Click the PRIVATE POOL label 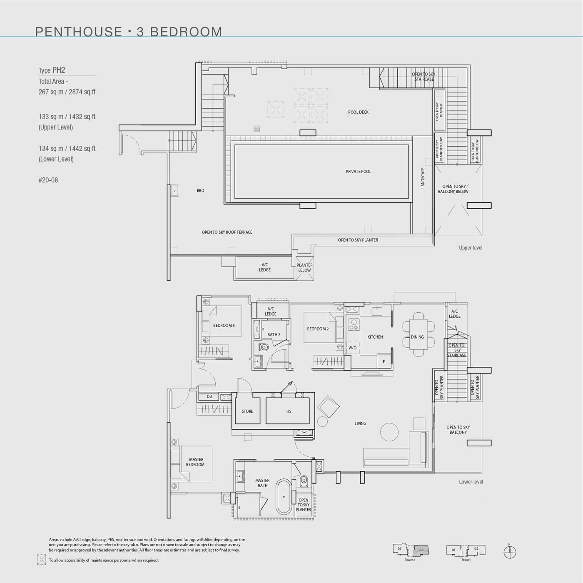pos(358,172)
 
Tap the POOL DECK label pos(358,112)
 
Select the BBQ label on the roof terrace pos(201,191)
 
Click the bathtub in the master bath pos(284,497)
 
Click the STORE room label pos(247,411)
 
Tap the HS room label pos(289,411)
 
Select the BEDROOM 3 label pos(224,326)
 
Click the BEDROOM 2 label pos(318,329)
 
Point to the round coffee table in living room pos(389,432)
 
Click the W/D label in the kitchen pos(352,348)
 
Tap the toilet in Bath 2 pos(264,347)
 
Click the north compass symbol pos(510,553)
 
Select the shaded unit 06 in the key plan pos(421,550)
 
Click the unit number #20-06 pos(48,180)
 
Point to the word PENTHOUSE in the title pos(78,32)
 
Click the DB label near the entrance pos(209,397)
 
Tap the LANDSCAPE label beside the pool pos(423,178)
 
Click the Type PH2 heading pos(52,70)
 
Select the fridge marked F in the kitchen pos(384,361)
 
